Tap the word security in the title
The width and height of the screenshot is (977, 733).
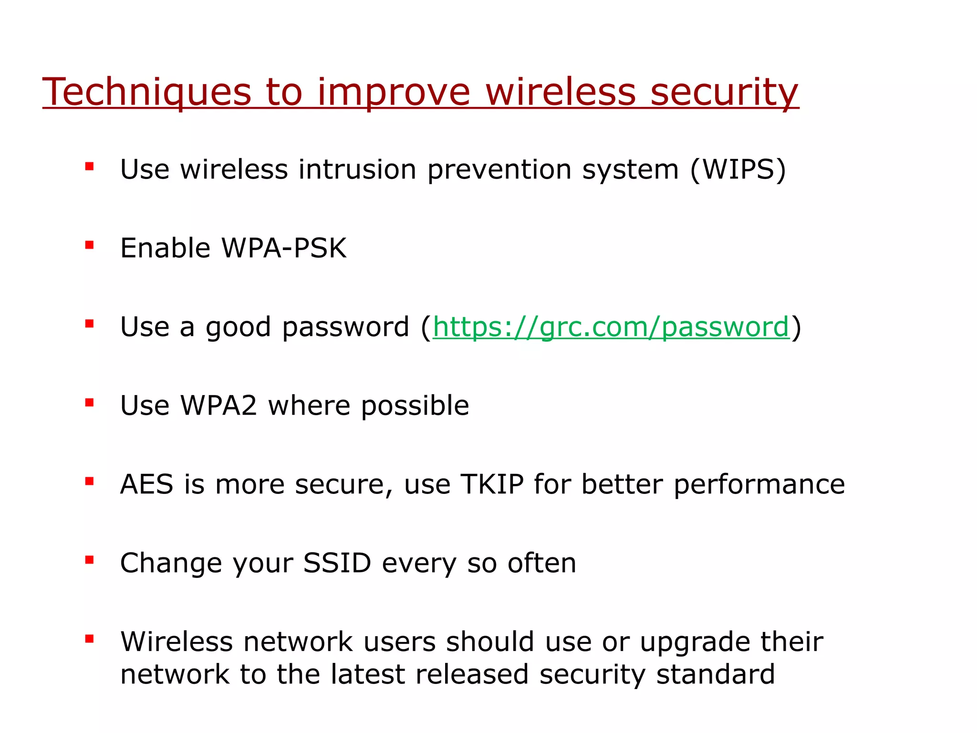tap(724, 92)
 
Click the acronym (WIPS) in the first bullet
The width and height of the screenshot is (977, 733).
tap(738, 169)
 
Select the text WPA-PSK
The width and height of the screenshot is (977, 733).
tap(284, 248)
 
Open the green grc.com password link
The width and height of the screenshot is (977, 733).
tap(611, 327)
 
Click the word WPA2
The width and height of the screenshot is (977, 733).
tap(219, 406)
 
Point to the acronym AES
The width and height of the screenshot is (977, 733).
tap(146, 484)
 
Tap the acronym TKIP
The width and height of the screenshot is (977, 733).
tap(492, 484)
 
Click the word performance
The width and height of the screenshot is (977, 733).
tap(759, 485)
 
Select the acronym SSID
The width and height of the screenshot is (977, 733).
tap(337, 563)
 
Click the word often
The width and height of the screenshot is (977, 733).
tap(542, 563)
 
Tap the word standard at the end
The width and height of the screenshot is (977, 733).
tap(715, 674)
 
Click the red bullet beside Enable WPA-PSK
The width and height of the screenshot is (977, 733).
tap(89, 245)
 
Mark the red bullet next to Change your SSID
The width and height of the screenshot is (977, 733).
tap(89, 560)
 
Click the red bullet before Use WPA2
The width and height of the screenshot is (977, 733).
tap(89, 403)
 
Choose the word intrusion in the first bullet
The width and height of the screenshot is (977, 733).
tap(357, 169)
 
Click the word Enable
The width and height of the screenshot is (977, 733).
tap(165, 248)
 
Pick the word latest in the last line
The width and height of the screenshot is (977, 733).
tap(367, 674)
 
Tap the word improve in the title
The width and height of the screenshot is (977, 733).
tap(394, 92)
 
